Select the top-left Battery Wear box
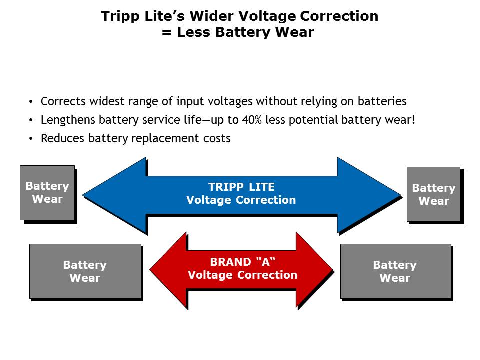tap(47, 193)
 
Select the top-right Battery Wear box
tap(433, 194)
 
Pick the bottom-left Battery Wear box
tap(85, 271)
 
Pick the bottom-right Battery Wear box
tap(395, 271)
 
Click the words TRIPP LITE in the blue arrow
tap(241, 187)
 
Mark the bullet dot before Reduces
tap(31, 139)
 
